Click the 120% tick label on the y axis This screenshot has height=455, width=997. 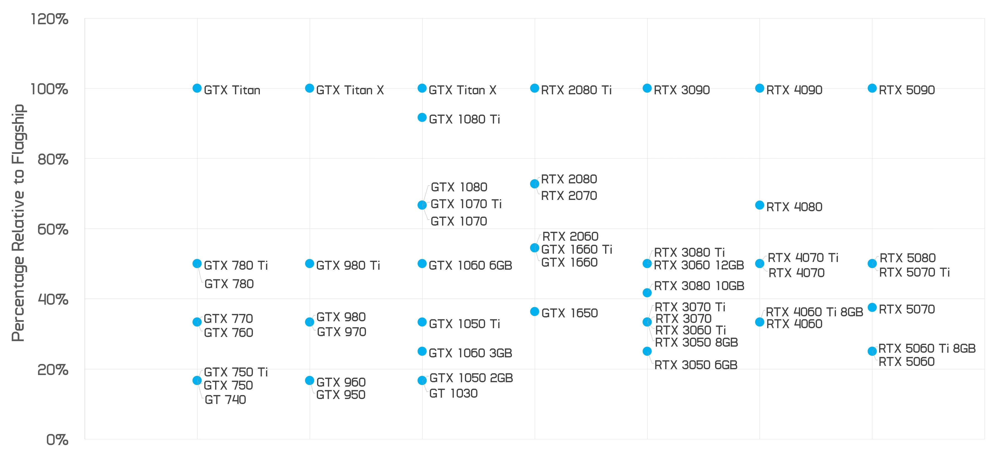pyautogui.click(x=50, y=19)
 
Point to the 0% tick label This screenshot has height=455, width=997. pyautogui.click(x=57, y=440)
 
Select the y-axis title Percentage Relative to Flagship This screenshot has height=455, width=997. pyautogui.click(x=18, y=223)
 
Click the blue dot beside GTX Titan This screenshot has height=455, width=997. pyautogui.click(x=197, y=88)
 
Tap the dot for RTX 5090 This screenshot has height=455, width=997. pyautogui.click(x=872, y=88)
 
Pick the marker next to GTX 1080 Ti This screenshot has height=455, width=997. pyautogui.click(x=422, y=118)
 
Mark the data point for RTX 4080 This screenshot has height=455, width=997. pyautogui.click(x=760, y=205)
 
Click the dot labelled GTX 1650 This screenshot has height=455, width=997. pyautogui.click(x=534, y=311)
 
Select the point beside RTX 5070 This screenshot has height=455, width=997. pyautogui.click(x=872, y=307)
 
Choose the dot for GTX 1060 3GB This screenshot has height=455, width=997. pyautogui.click(x=422, y=351)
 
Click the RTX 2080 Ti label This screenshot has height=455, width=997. pyautogui.click(x=576, y=90)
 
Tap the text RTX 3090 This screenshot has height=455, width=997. pyautogui.click(x=682, y=90)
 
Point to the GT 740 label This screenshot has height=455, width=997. pyautogui.click(x=225, y=400)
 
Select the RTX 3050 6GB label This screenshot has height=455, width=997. pyautogui.click(x=696, y=365)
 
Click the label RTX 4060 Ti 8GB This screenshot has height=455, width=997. pyautogui.click(x=815, y=312)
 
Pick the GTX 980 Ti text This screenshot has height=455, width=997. pyautogui.click(x=348, y=265)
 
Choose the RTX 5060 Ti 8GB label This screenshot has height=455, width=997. pyautogui.click(x=927, y=349)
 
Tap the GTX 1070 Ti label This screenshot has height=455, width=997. pyautogui.click(x=466, y=204)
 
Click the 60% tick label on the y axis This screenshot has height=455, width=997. pyautogui.click(x=53, y=229)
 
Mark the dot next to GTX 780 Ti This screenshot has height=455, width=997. pyautogui.click(x=197, y=263)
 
